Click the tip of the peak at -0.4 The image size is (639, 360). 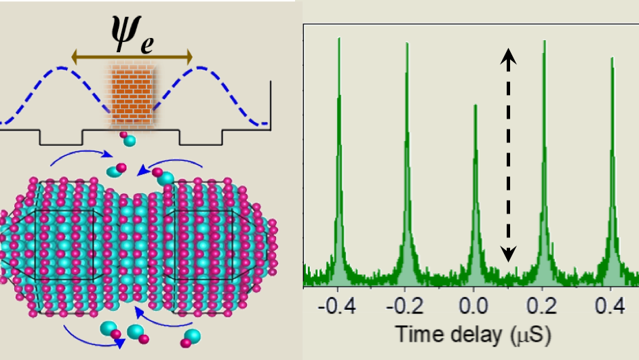click(339, 37)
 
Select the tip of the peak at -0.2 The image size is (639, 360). click(407, 43)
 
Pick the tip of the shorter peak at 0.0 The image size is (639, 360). click(476, 104)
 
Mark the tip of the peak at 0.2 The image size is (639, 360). click(544, 40)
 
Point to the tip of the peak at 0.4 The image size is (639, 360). click(613, 57)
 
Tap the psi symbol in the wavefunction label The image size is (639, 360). click(125, 31)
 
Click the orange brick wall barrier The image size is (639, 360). click(132, 94)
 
